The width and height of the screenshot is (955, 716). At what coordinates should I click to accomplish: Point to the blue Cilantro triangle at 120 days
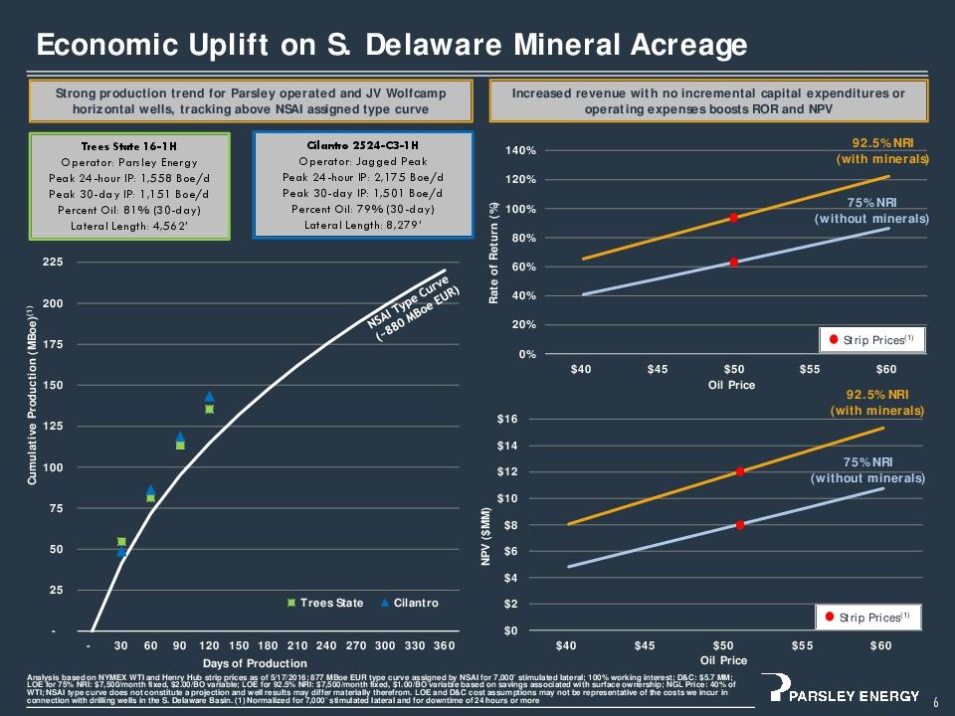209,397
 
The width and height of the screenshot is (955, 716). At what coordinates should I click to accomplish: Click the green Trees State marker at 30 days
121,542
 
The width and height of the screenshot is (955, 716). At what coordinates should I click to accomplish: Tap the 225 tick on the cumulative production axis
50,263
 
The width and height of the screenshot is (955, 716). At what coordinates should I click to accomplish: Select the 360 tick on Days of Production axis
444,644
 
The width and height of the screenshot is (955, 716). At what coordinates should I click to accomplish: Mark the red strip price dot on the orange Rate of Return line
733,218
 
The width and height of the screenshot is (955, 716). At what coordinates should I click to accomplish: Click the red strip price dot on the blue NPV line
741,524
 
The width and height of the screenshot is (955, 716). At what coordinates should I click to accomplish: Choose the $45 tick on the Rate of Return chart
657,369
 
